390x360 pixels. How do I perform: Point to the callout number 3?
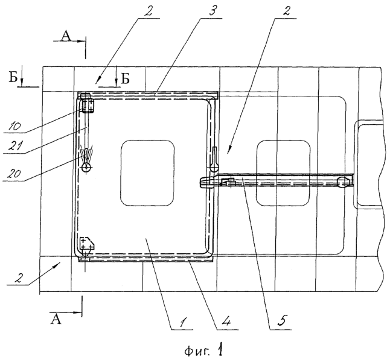212,11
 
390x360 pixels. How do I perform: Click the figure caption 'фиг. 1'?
203,350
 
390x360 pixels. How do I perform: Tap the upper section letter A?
66,36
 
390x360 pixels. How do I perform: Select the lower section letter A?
56,319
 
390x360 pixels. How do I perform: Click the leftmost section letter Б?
13,78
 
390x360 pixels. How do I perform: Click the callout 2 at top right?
286,11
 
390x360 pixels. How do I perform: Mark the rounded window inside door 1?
147,173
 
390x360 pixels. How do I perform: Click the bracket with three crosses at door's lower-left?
86,244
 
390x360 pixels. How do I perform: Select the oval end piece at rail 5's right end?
343,183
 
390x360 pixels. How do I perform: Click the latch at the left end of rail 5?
206,182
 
